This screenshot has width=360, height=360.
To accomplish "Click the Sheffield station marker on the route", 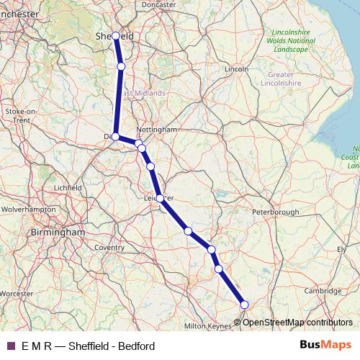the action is [115, 35].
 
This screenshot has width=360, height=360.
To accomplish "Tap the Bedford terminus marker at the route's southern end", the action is [243, 305].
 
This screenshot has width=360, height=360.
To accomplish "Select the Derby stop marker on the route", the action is [115, 136].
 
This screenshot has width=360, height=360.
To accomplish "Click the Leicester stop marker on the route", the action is [159, 197].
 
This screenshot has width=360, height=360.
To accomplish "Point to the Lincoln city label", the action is [236, 68].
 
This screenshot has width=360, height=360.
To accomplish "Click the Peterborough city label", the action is [275, 212].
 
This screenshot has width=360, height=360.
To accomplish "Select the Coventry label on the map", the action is [109, 247].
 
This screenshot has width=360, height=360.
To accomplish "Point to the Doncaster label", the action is [158, 4].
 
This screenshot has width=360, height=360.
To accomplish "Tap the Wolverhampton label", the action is [29, 209].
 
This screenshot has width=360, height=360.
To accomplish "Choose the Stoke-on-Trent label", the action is [20, 116].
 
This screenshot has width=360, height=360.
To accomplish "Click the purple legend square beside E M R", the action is [11, 346].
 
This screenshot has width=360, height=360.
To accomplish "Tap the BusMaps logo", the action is [325, 346].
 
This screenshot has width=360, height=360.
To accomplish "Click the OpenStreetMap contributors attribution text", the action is [297, 322].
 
